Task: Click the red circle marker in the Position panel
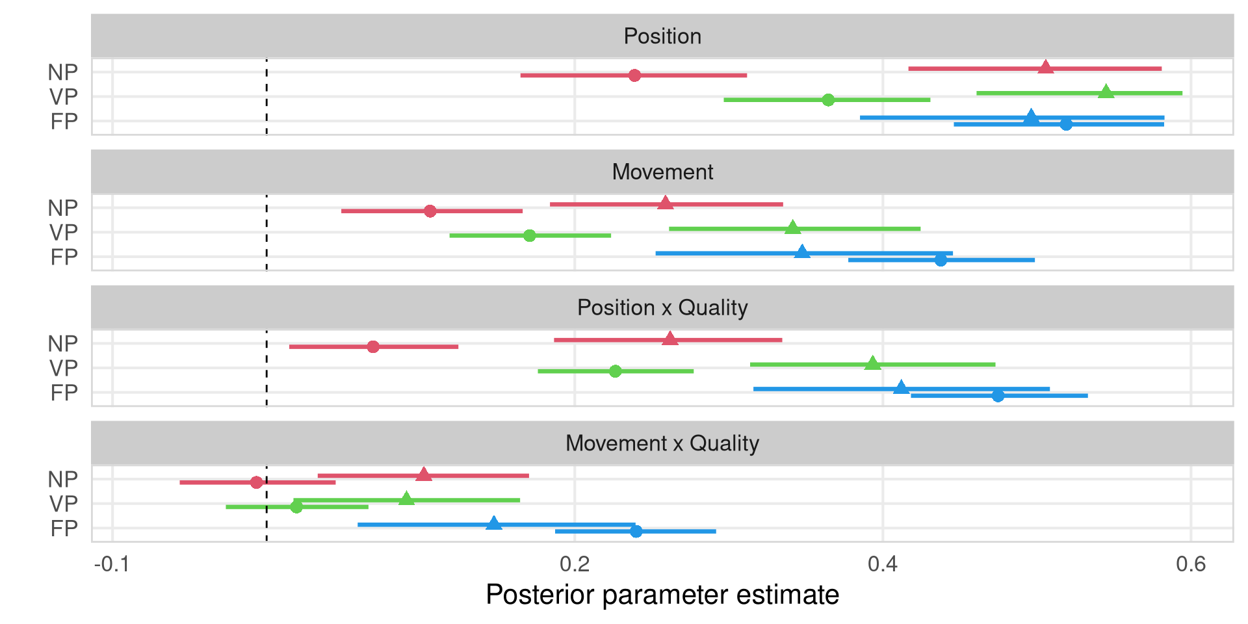(x=634, y=75)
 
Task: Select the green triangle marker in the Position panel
(x=1106, y=92)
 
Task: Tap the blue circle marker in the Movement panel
(x=941, y=260)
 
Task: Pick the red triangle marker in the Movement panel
(x=665, y=203)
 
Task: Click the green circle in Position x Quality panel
(x=616, y=371)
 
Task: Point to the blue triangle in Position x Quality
(x=900, y=388)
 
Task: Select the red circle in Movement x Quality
(x=256, y=482)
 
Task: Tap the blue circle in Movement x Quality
(x=636, y=531)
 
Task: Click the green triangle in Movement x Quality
(x=406, y=499)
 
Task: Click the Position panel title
(x=662, y=36)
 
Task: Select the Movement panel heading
(x=662, y=172)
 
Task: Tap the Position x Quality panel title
(x=662, y=307)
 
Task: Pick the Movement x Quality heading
(x=662, y=443)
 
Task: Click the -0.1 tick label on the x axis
(x=112, y=564)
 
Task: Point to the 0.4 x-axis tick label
(x=883, y=564)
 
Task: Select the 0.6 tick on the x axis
(x=1191, y=564)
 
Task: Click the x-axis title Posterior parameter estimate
(x=662, y=595)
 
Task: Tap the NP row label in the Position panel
(x=63, y=72)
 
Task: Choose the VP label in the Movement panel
(x=64, y=233)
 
